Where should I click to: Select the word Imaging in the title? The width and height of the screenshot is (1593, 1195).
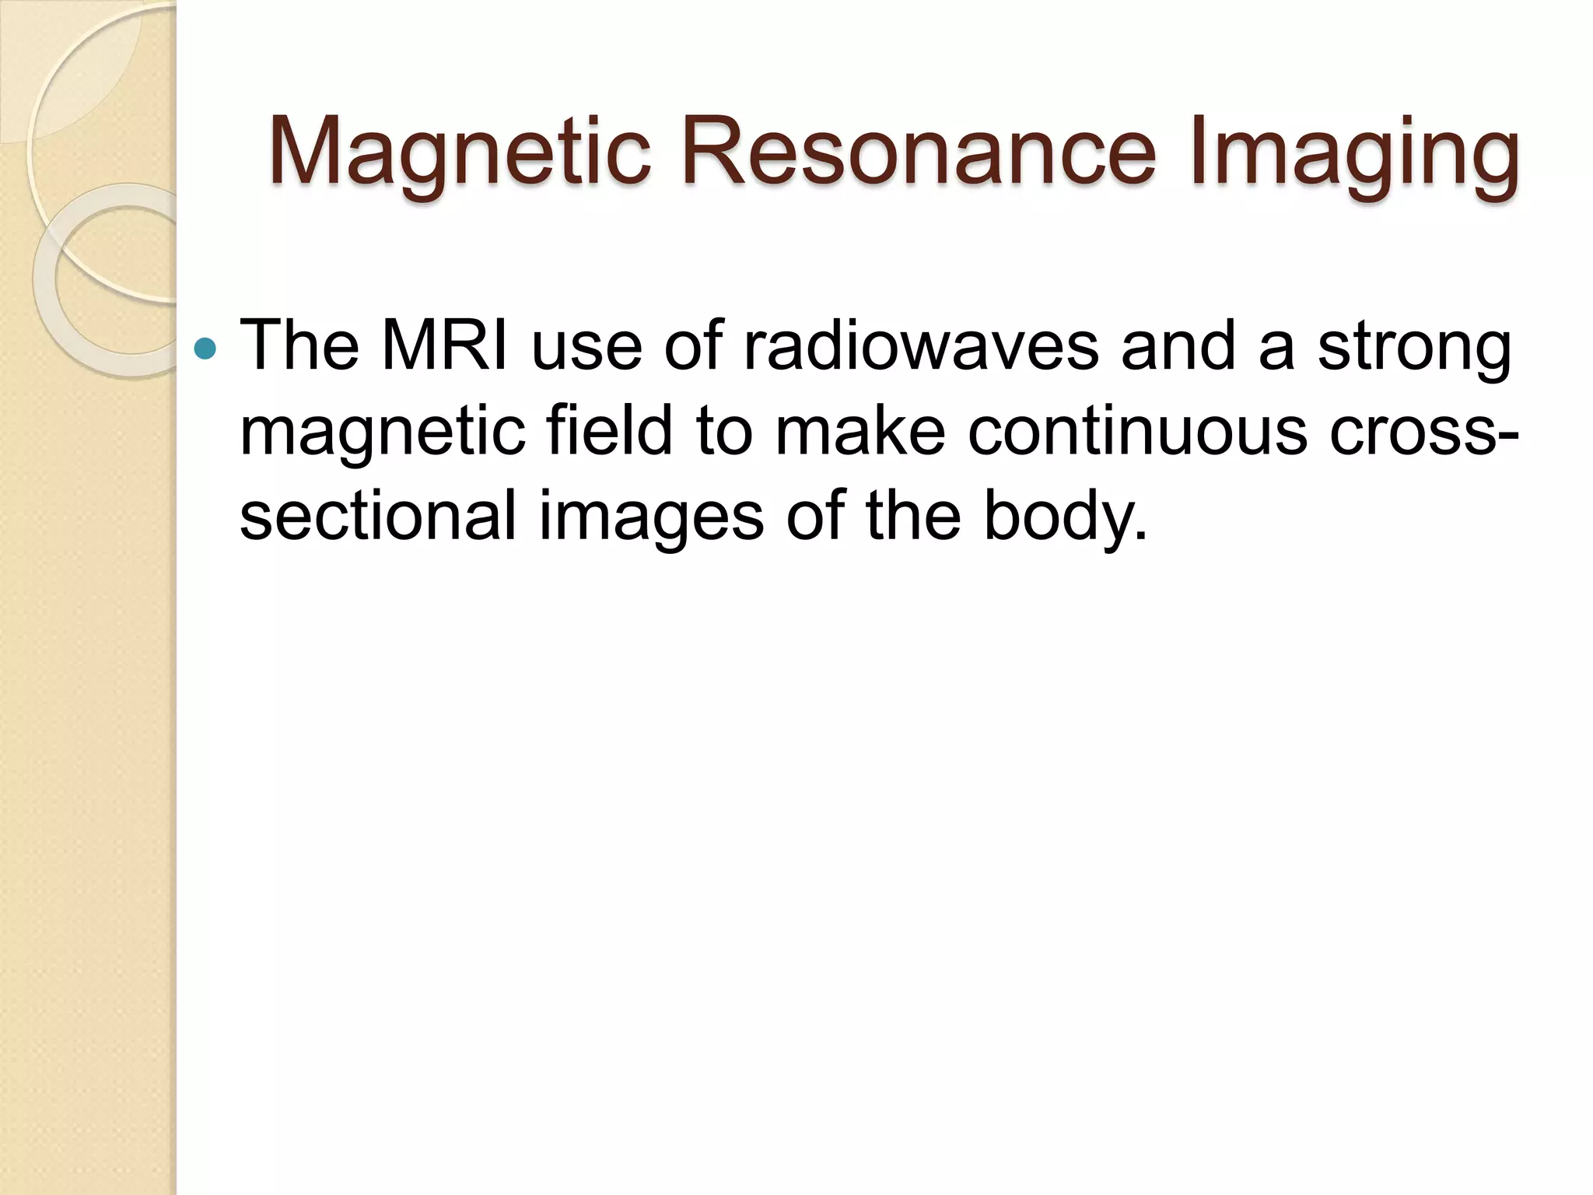click(x=1353, y=152)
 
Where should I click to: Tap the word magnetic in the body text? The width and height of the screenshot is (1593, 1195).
click(x=380, y=433)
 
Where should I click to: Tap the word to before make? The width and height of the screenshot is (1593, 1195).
click(x=724, y=431)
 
